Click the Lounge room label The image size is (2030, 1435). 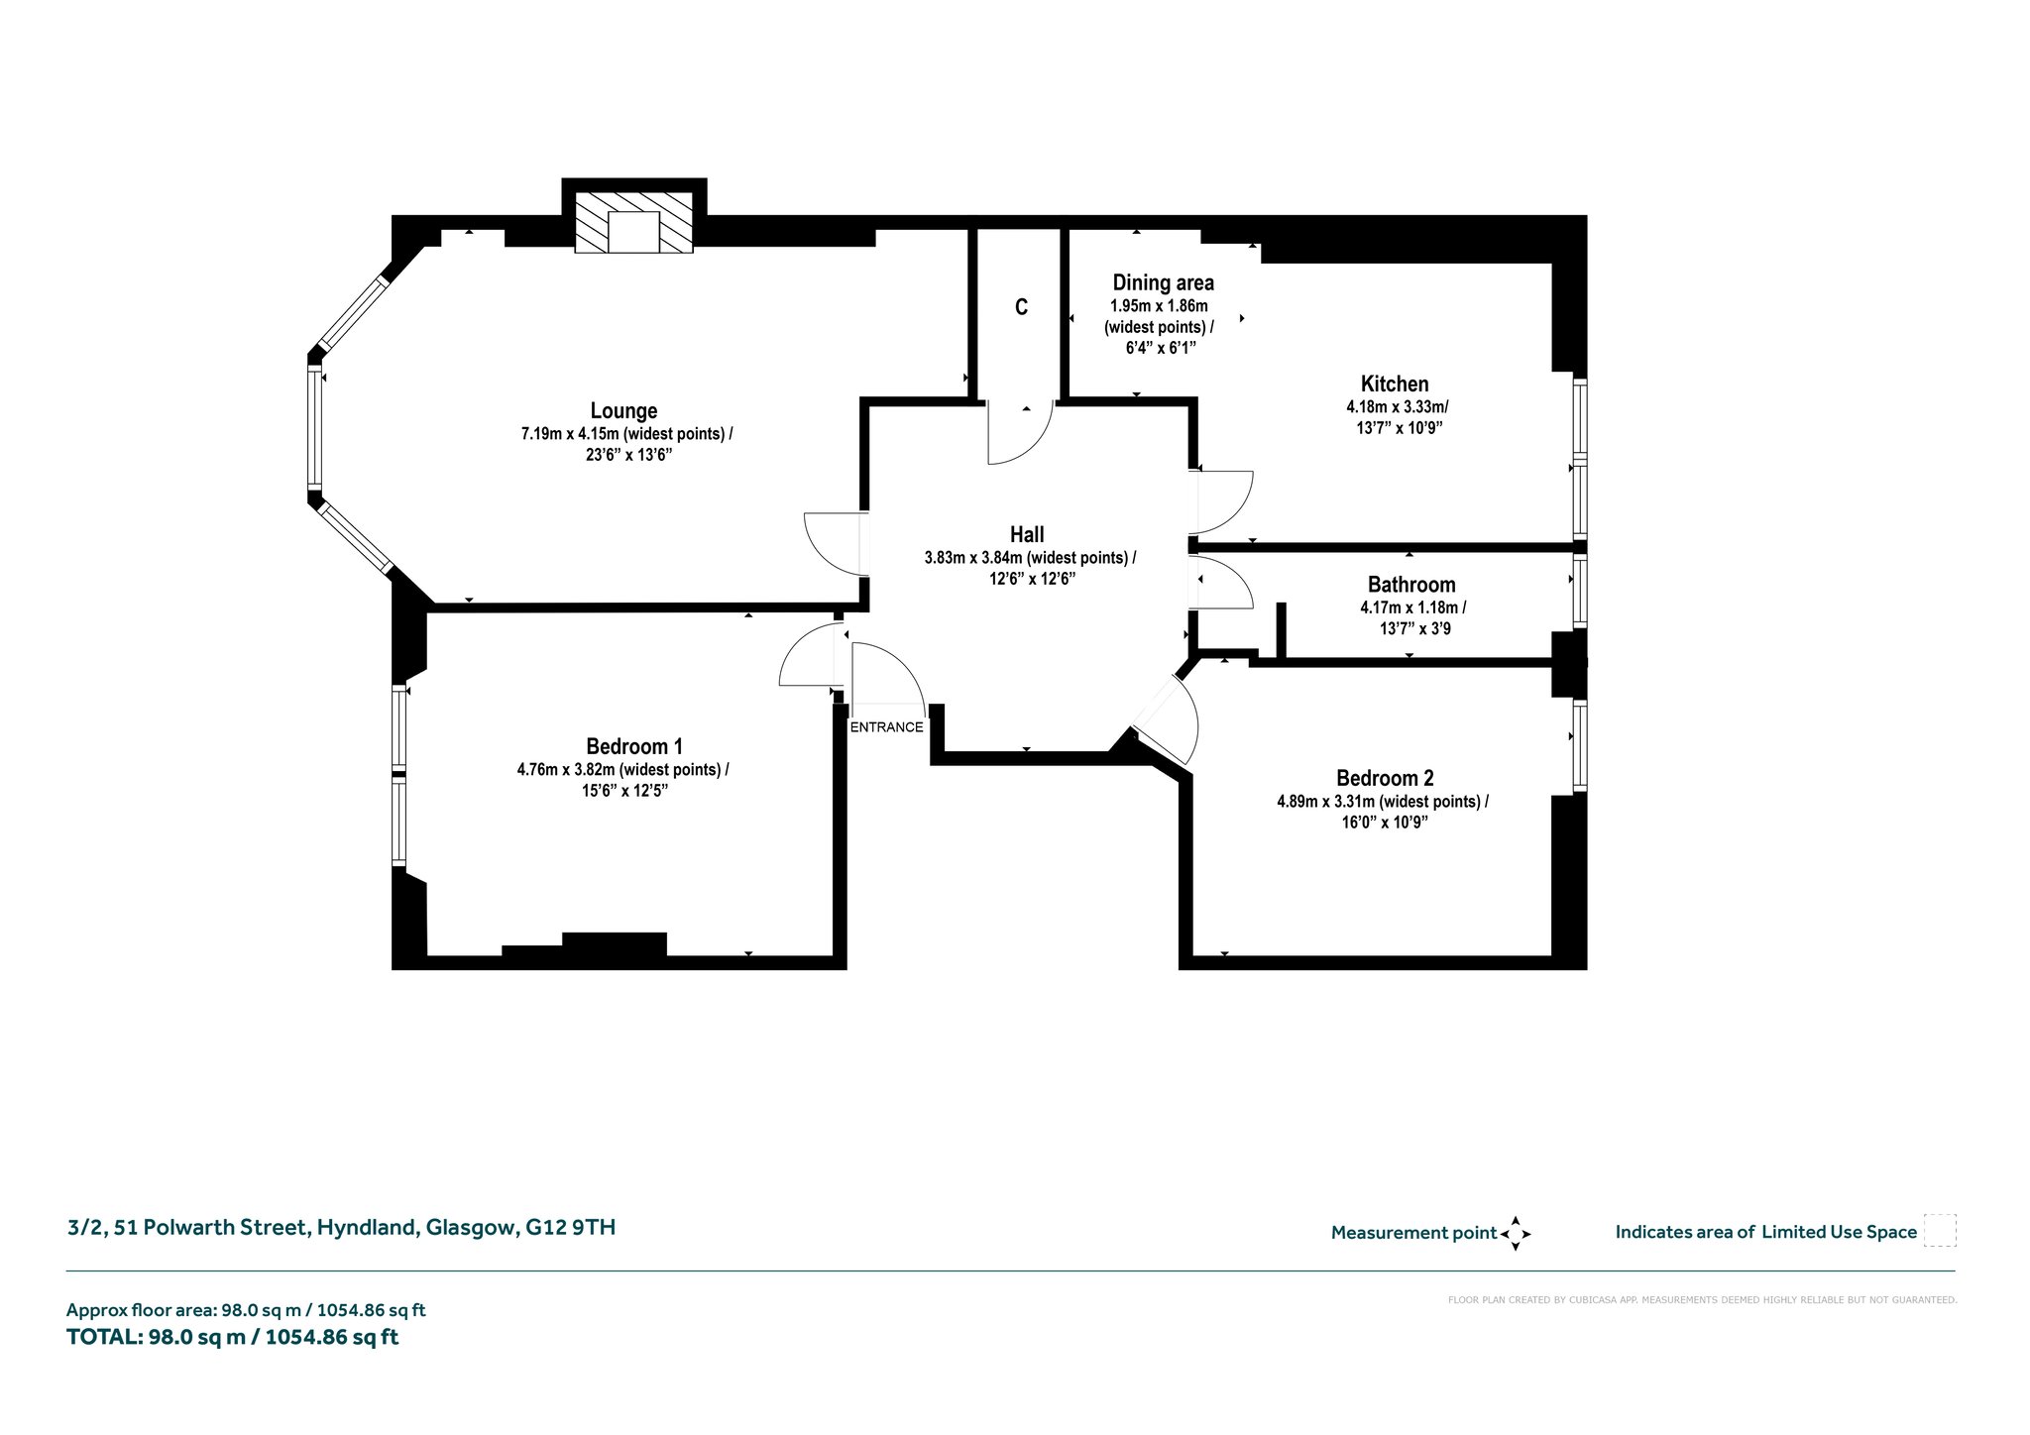(x=623, y=410)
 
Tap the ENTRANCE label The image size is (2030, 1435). (x=886, y=726)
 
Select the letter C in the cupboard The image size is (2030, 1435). (x=1021, y=307)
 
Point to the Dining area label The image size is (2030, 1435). (x=1163, y=282)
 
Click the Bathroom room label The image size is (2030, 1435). (x=1411, y=585)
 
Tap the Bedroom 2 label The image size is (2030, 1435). (x=1385, y=778)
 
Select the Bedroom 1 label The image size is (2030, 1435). (x=634, y=746)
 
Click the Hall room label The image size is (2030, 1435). (x=1027, y=535)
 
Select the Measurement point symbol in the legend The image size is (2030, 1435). (x=1516, y=1233)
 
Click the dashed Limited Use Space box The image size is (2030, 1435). (x=1939, y=1231)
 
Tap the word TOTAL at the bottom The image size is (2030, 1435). (x=104, y=1337)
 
